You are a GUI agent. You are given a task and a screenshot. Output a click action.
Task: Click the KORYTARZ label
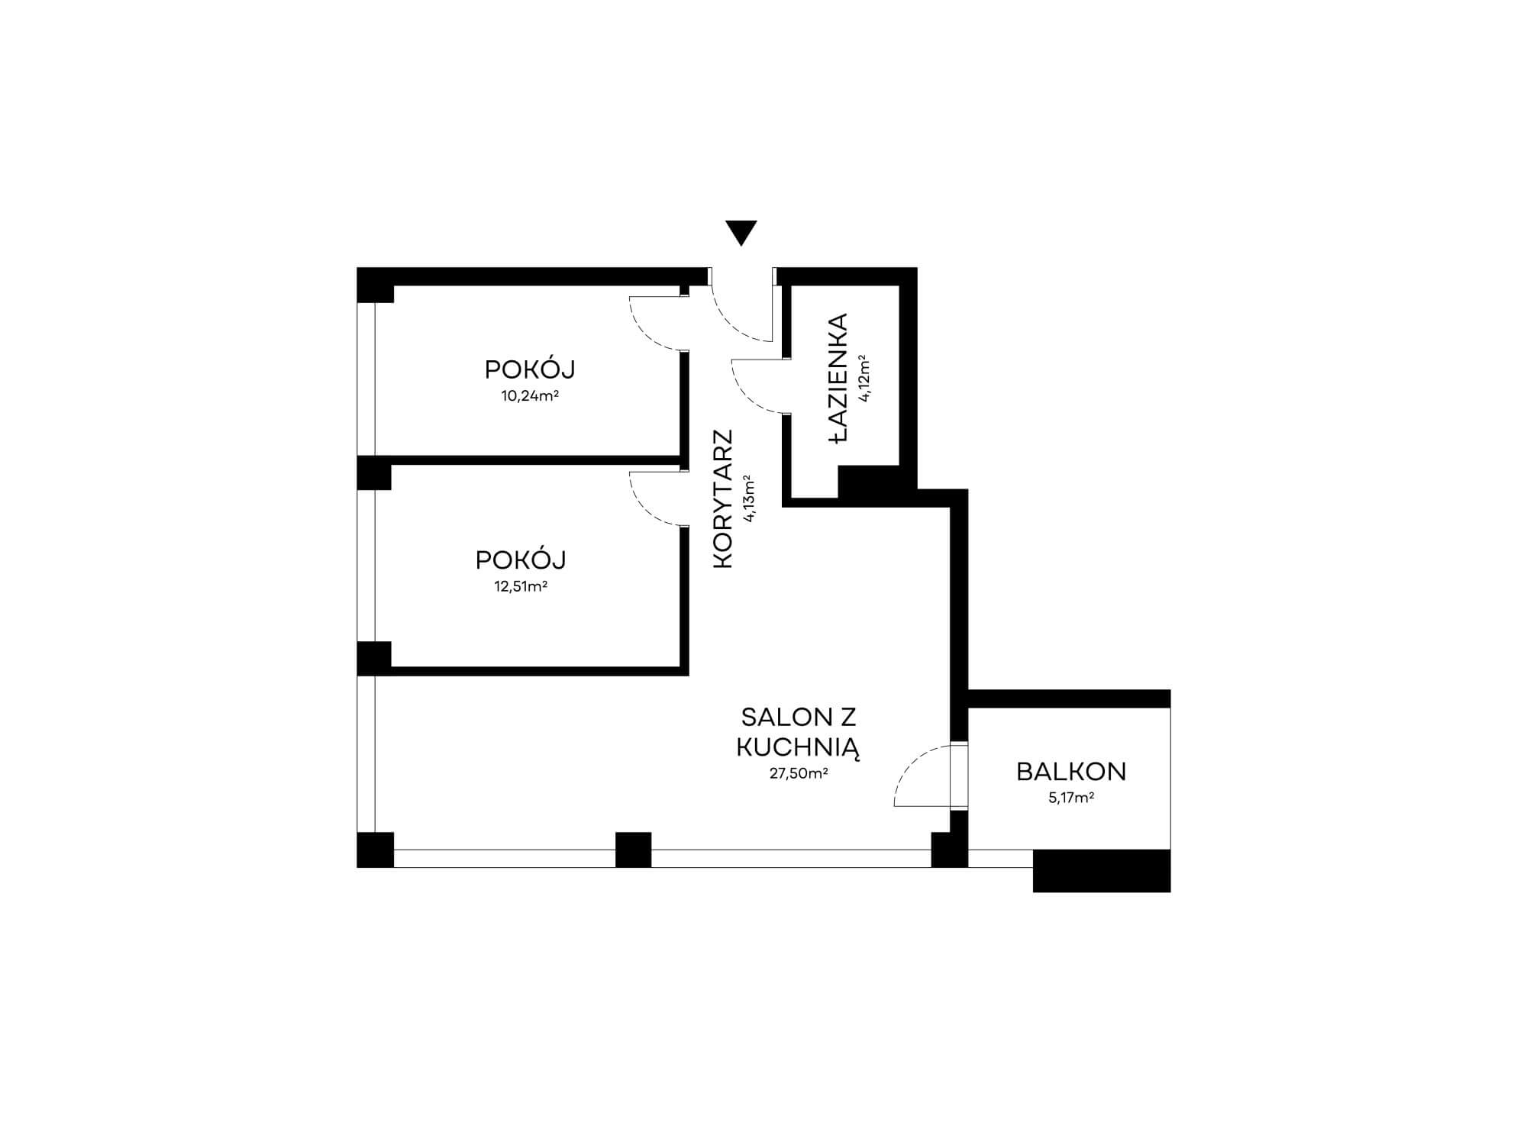(x=722, y=498)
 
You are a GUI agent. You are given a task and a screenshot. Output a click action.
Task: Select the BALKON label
(x=1071, y=772)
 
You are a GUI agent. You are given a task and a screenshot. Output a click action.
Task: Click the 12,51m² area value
(x=521, y=587)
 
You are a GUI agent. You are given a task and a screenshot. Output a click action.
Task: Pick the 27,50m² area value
(x=799, y=773)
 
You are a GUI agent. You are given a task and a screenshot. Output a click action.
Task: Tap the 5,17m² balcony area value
(x=1071, y=798)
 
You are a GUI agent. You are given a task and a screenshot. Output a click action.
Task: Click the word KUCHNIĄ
(x=798, y=747)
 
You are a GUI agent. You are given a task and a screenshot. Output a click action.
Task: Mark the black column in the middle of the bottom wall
(x=633, y=850)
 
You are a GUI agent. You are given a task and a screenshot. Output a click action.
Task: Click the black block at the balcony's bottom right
(x=1101, y=870)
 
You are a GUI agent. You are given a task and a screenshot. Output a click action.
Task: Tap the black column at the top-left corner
(x=376, y=285)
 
